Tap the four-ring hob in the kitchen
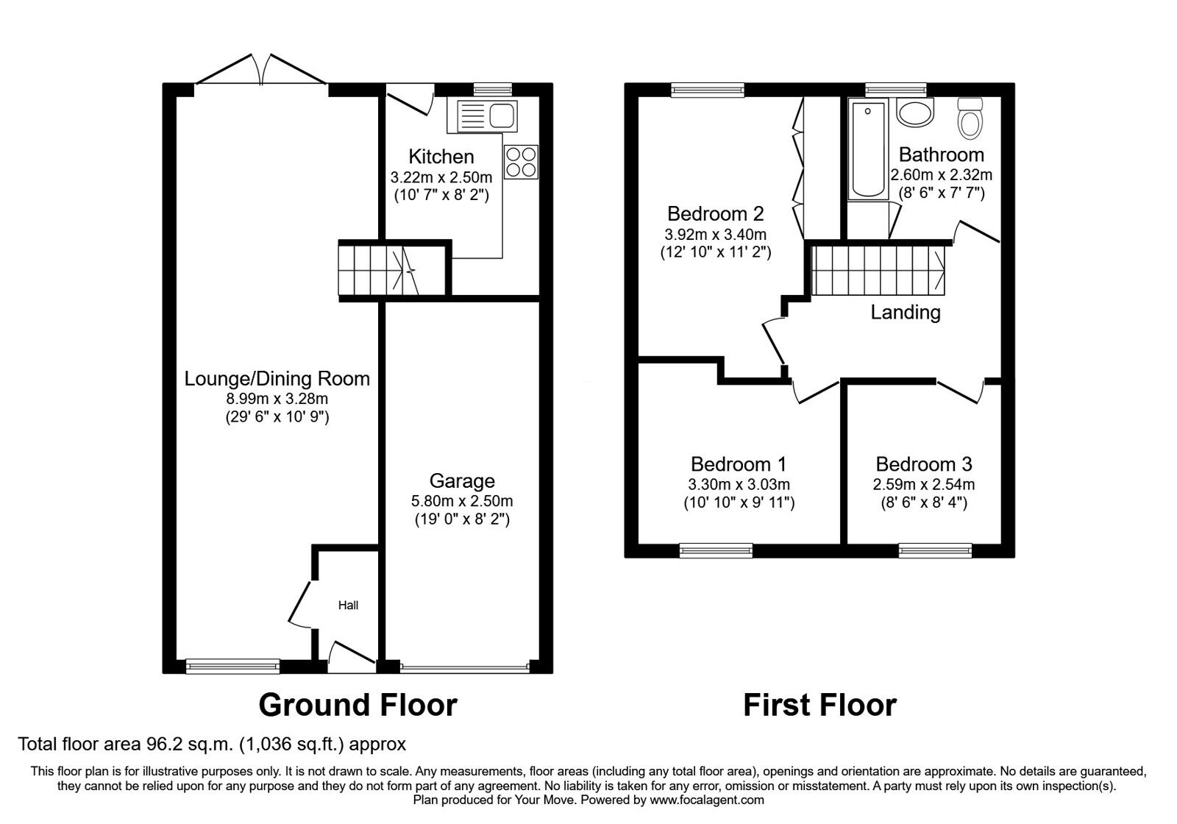click(521, 162)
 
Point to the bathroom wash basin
click(914, 114)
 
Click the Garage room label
click(462, 481)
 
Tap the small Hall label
click(348, 605)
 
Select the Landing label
click(905, 313)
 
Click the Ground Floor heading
click(358, 705)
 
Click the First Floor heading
click(819, 705)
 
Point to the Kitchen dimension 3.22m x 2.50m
click(441, 177)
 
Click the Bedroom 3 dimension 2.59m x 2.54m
click(923, 485)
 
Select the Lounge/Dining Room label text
click(277, 379)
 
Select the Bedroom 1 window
click(715, 549)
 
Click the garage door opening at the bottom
click(465, 667)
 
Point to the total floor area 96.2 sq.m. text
click(212, 744)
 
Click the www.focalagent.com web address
click(707, 800)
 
